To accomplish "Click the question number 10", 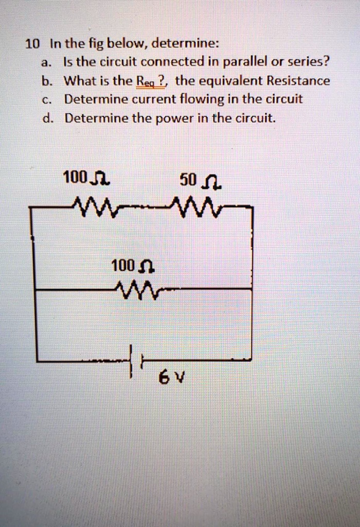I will (31, 44).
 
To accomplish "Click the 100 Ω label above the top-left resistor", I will (85, 179).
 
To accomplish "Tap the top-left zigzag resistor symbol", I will (98, 206).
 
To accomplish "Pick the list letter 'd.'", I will (47, 118).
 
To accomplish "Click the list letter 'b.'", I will (47, 81).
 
